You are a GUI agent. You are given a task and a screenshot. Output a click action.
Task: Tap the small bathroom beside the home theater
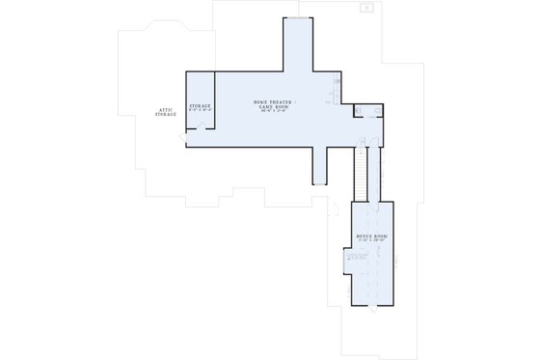coord(362,111)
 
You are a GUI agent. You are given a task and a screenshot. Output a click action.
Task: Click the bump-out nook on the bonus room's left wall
coord(351,259)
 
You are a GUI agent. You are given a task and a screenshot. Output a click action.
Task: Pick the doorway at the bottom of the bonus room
coord(370,307)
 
